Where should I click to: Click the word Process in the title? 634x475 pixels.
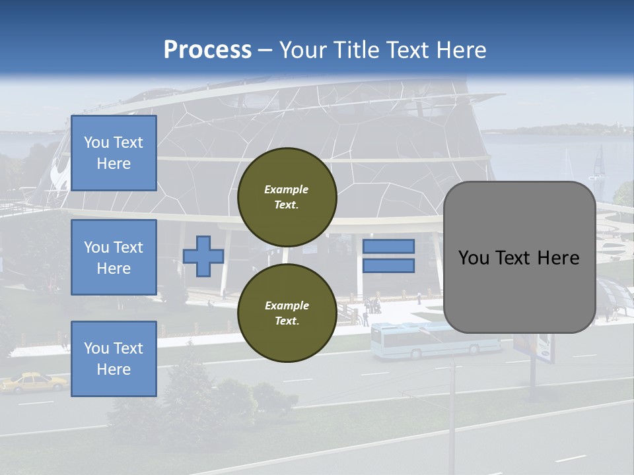coord(207,50)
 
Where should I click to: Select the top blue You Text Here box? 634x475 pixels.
coord(114,153)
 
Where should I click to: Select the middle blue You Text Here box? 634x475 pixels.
coord(114,257)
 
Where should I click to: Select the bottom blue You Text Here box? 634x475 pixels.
coord(114,358)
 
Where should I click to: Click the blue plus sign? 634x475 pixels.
coord(203,256)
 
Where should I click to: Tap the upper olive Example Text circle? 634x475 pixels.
coord(287,197)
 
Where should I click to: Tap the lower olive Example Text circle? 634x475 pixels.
coord(287,313)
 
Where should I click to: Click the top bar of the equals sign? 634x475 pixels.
coord(388,246)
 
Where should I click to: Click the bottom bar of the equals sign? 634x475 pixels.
coord(388,266)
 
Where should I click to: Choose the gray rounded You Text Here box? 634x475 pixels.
coord(519,257)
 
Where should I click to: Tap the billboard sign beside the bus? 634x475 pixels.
coord(535,347)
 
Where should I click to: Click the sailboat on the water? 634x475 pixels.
coord(598,165)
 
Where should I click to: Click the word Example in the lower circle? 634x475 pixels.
coord(287,305)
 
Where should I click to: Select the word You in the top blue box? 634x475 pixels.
coord(96,142)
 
